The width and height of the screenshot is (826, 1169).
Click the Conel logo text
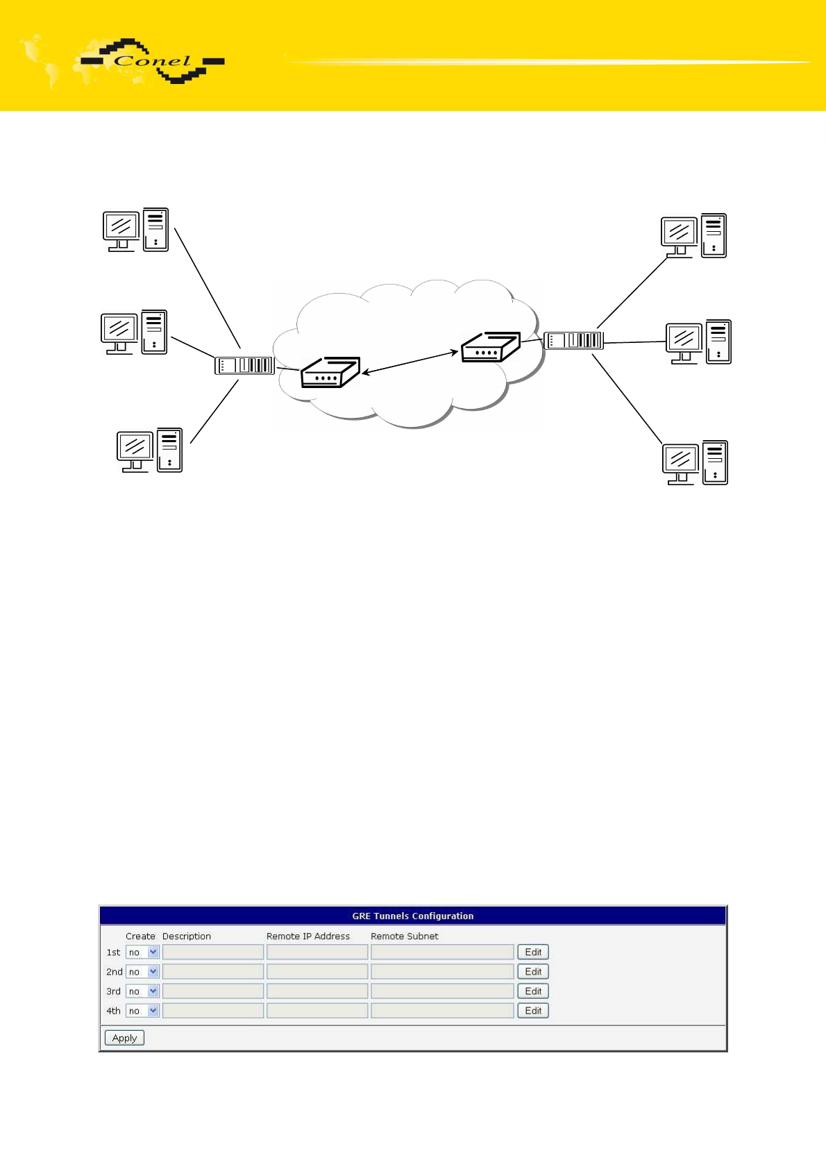[x=153, y=61]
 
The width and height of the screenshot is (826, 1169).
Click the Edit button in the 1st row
[x=533, y=952]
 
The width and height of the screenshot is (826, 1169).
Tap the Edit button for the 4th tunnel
[x=533, y=1010]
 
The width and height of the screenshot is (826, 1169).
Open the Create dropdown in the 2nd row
[x=142, y=971]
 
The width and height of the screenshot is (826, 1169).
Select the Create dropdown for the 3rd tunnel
[x=142, y=991]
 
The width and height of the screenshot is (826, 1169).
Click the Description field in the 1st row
[x=213, y=952]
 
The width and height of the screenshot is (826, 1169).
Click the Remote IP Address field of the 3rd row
[x=317, y=991]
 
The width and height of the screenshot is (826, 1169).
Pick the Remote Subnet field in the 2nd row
[x=442, y=971]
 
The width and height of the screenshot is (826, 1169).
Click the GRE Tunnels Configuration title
[x=413, y=916]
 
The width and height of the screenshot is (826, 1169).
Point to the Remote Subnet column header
[x=405, y=936]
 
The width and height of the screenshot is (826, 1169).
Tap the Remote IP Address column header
[x=308, y=936]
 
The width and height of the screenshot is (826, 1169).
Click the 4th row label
[x=113, y=1011]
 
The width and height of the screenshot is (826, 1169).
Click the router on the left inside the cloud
[x=330, y=372]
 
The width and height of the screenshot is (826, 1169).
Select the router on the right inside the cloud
[x=491, y=347]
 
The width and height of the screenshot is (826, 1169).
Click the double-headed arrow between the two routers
[x=410, y=362]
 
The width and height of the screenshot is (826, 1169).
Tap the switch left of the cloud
[x=245, y=365]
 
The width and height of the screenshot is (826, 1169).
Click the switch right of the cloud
[x=573, y=340]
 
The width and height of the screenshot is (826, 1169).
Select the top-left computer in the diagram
[x=135, y=230]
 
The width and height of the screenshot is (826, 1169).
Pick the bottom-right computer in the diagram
[x=695, y=463]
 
